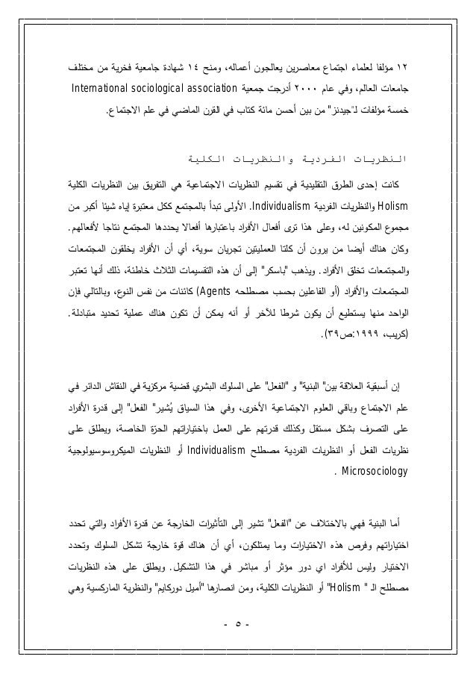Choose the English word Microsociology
click(371, 472)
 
